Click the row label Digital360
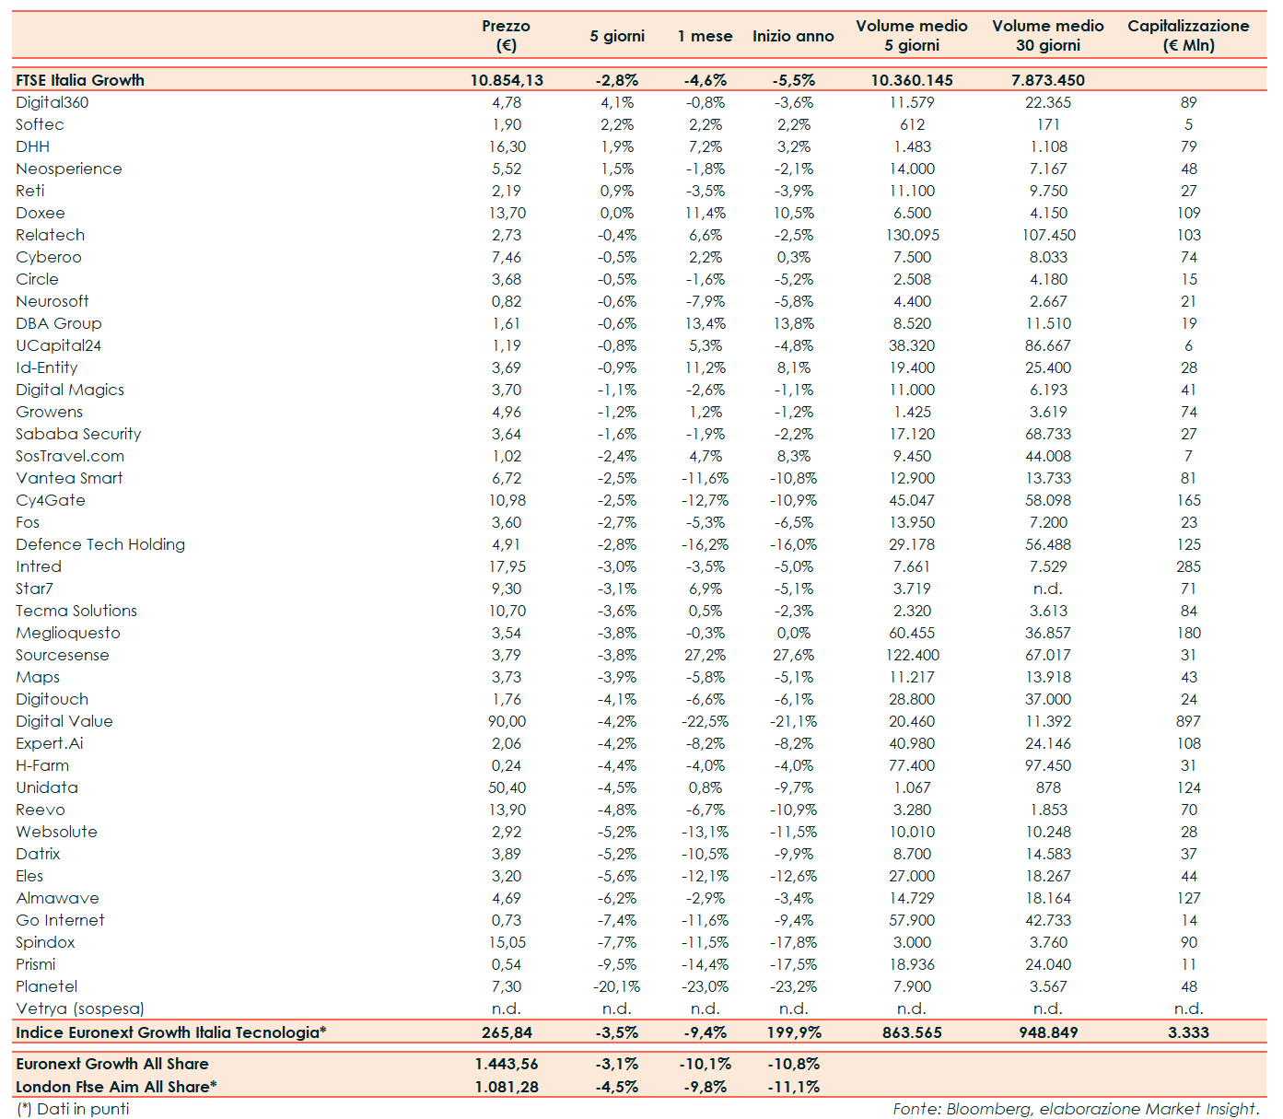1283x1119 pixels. (52, 102)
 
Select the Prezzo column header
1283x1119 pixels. (506, 35)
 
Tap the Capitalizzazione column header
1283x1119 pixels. (1188, 35)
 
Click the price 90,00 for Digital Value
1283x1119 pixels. (507, 721)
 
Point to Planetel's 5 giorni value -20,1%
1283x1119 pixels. (616, 986)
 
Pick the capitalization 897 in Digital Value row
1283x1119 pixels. (1188, 721)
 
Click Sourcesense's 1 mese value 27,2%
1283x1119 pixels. (705, 655)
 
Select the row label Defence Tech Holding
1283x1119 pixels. (100, 544)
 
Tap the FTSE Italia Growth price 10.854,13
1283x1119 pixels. (507, 80)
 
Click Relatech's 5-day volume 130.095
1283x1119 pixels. (912, 235)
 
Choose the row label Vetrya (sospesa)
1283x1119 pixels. (80, 1008)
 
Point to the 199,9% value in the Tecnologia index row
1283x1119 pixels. (793, 1032)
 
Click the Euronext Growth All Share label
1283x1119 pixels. (112, 1064)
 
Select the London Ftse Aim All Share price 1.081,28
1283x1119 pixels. (507, 1087)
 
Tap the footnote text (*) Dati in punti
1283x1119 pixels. (73, 1109)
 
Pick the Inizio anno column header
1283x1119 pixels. (793, 36)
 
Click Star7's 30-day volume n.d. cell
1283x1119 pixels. (1048, 589)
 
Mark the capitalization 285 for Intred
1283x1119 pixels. (1188, 566)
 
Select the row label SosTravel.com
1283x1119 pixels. (70, 456)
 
